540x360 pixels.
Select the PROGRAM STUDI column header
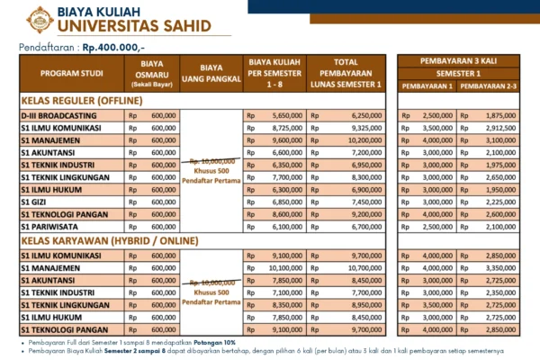click(x=65, y=74)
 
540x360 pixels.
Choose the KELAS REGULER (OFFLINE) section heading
click(x=79, y=102)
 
